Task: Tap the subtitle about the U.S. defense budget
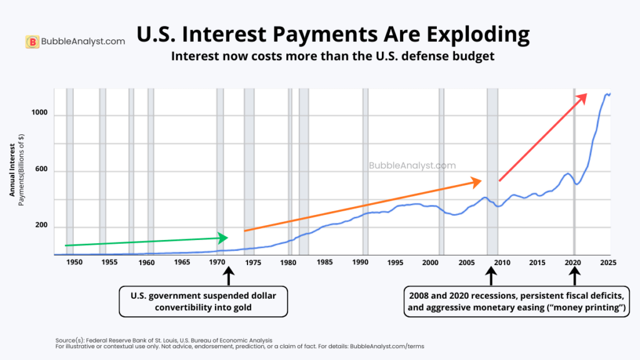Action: point(333,56)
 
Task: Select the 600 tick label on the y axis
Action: point(41,171)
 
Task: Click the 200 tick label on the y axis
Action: point(41,226)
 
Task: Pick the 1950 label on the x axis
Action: point(74,263)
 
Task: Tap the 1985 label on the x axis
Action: point(324,263)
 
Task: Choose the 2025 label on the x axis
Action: point(608,263)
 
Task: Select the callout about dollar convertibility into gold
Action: point(204,301)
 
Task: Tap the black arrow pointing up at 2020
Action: point(574,276)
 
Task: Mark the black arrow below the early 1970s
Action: point(227,276)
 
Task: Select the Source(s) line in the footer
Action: point(164,340)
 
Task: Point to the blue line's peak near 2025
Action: point(606,94)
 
